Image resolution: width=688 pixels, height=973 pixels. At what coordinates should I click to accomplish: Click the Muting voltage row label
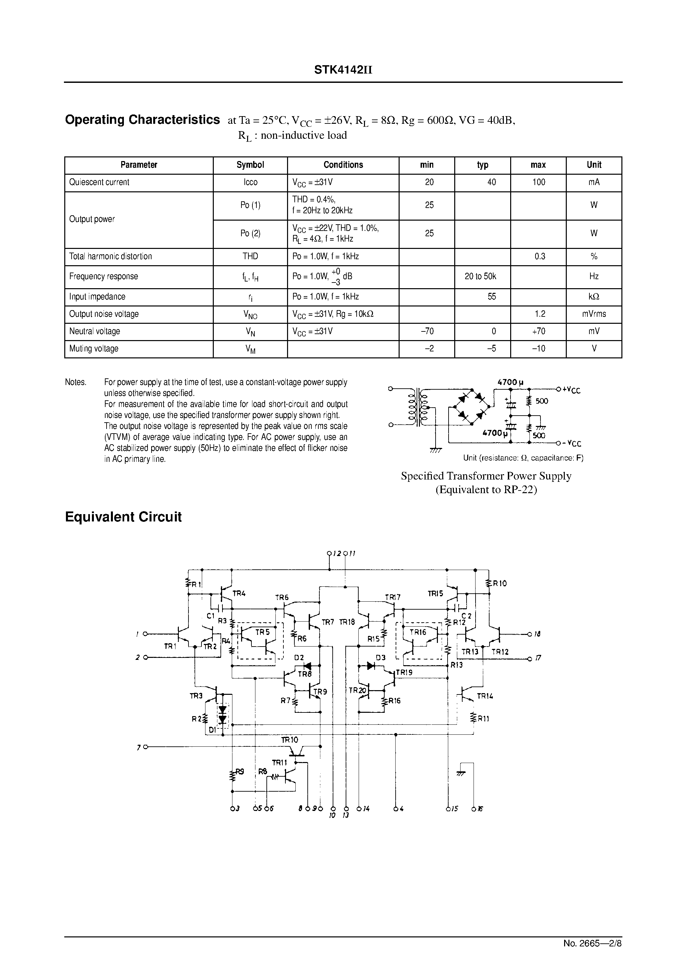[94, 349]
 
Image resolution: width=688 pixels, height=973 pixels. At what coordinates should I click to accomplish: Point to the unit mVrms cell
[593, 314]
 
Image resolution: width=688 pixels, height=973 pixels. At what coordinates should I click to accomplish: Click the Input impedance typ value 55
[491, 296]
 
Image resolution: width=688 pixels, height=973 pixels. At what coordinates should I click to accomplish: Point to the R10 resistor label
[499, 584]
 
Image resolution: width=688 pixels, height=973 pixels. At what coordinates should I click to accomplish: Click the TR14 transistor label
[485, 696]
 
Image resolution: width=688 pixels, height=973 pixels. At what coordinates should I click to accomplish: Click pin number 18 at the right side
[537, 634]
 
